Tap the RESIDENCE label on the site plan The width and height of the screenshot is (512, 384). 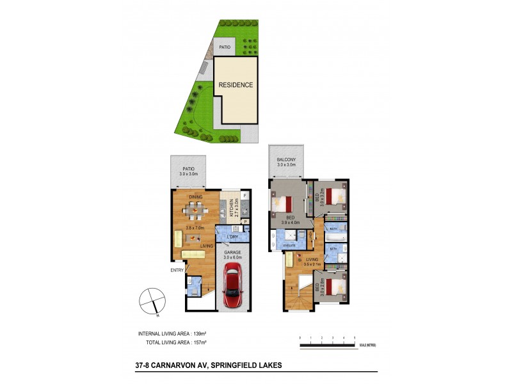click(236, 85)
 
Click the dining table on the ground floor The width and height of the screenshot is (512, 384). click(195, 209)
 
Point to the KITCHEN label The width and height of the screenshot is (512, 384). click(236, 208)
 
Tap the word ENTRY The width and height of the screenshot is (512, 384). click(177, 269)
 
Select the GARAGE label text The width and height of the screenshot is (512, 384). click(232, 253)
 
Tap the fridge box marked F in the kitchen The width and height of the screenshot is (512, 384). click(245, 195)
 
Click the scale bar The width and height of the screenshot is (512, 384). click(327, 346)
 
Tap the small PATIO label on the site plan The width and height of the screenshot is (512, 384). click(224, 47)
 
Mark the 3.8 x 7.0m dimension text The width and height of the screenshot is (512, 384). click(195, 227)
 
